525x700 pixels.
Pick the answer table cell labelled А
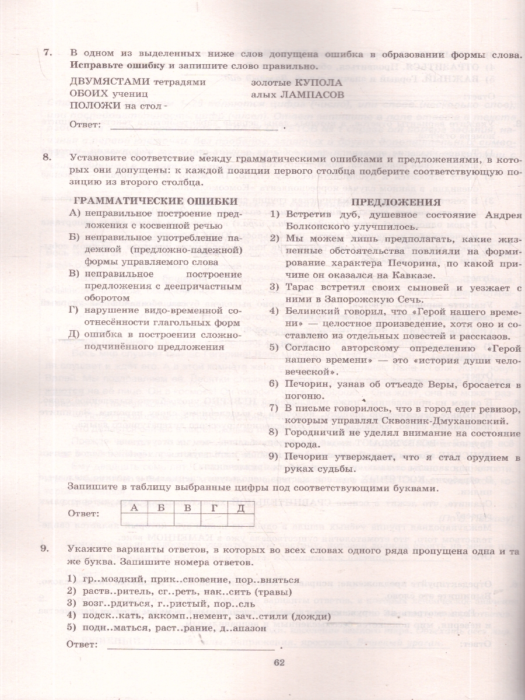point(134,508)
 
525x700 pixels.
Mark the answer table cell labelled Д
point(240,508)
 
